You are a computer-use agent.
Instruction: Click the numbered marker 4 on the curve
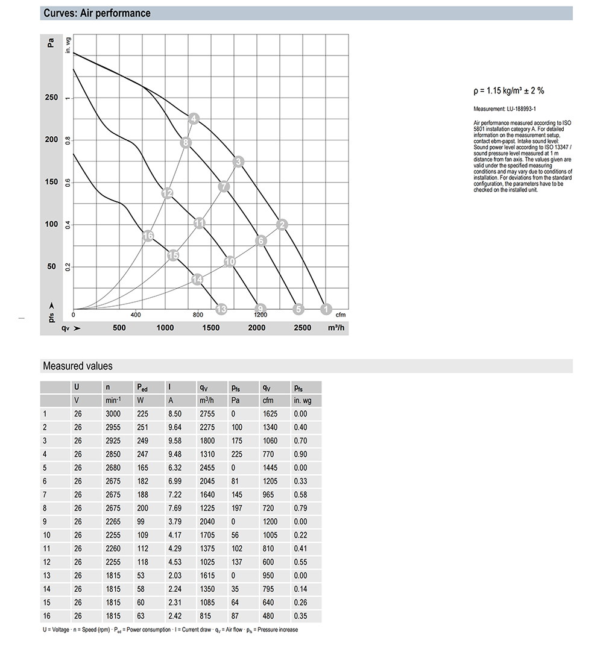[x=193, y=119]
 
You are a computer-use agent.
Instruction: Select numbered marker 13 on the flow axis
[x=221, y=310]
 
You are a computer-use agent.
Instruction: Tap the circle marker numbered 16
[x=148, y=236]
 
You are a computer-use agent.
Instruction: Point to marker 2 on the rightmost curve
[x=282, y=225]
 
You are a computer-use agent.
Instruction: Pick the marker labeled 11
[x=200, y=224]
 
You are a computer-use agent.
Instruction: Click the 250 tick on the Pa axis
[x=51, y=98]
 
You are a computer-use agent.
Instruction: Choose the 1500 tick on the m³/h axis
[x=211, y=328]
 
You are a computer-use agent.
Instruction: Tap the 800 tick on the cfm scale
[x=198, y=315]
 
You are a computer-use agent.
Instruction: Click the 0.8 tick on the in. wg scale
[x=68, y=140]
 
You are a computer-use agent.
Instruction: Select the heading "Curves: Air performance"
[x=97, y=13]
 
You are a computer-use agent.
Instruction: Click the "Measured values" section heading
[x=77, y=366]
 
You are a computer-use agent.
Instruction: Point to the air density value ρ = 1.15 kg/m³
[x=509, y=91]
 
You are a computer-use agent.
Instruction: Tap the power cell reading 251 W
[x=144, y=427]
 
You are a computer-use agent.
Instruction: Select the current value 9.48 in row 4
[x=174, y=454]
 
